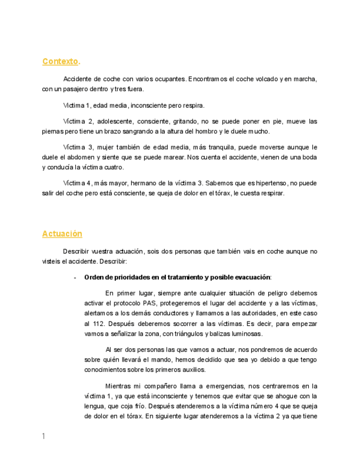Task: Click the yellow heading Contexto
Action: [x=60, y=62]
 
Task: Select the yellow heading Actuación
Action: [x=62, y=234]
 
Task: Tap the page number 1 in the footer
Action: [x=43, y=436]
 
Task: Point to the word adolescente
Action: [x=117, y=121]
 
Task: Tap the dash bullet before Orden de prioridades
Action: [x=75, y=278]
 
